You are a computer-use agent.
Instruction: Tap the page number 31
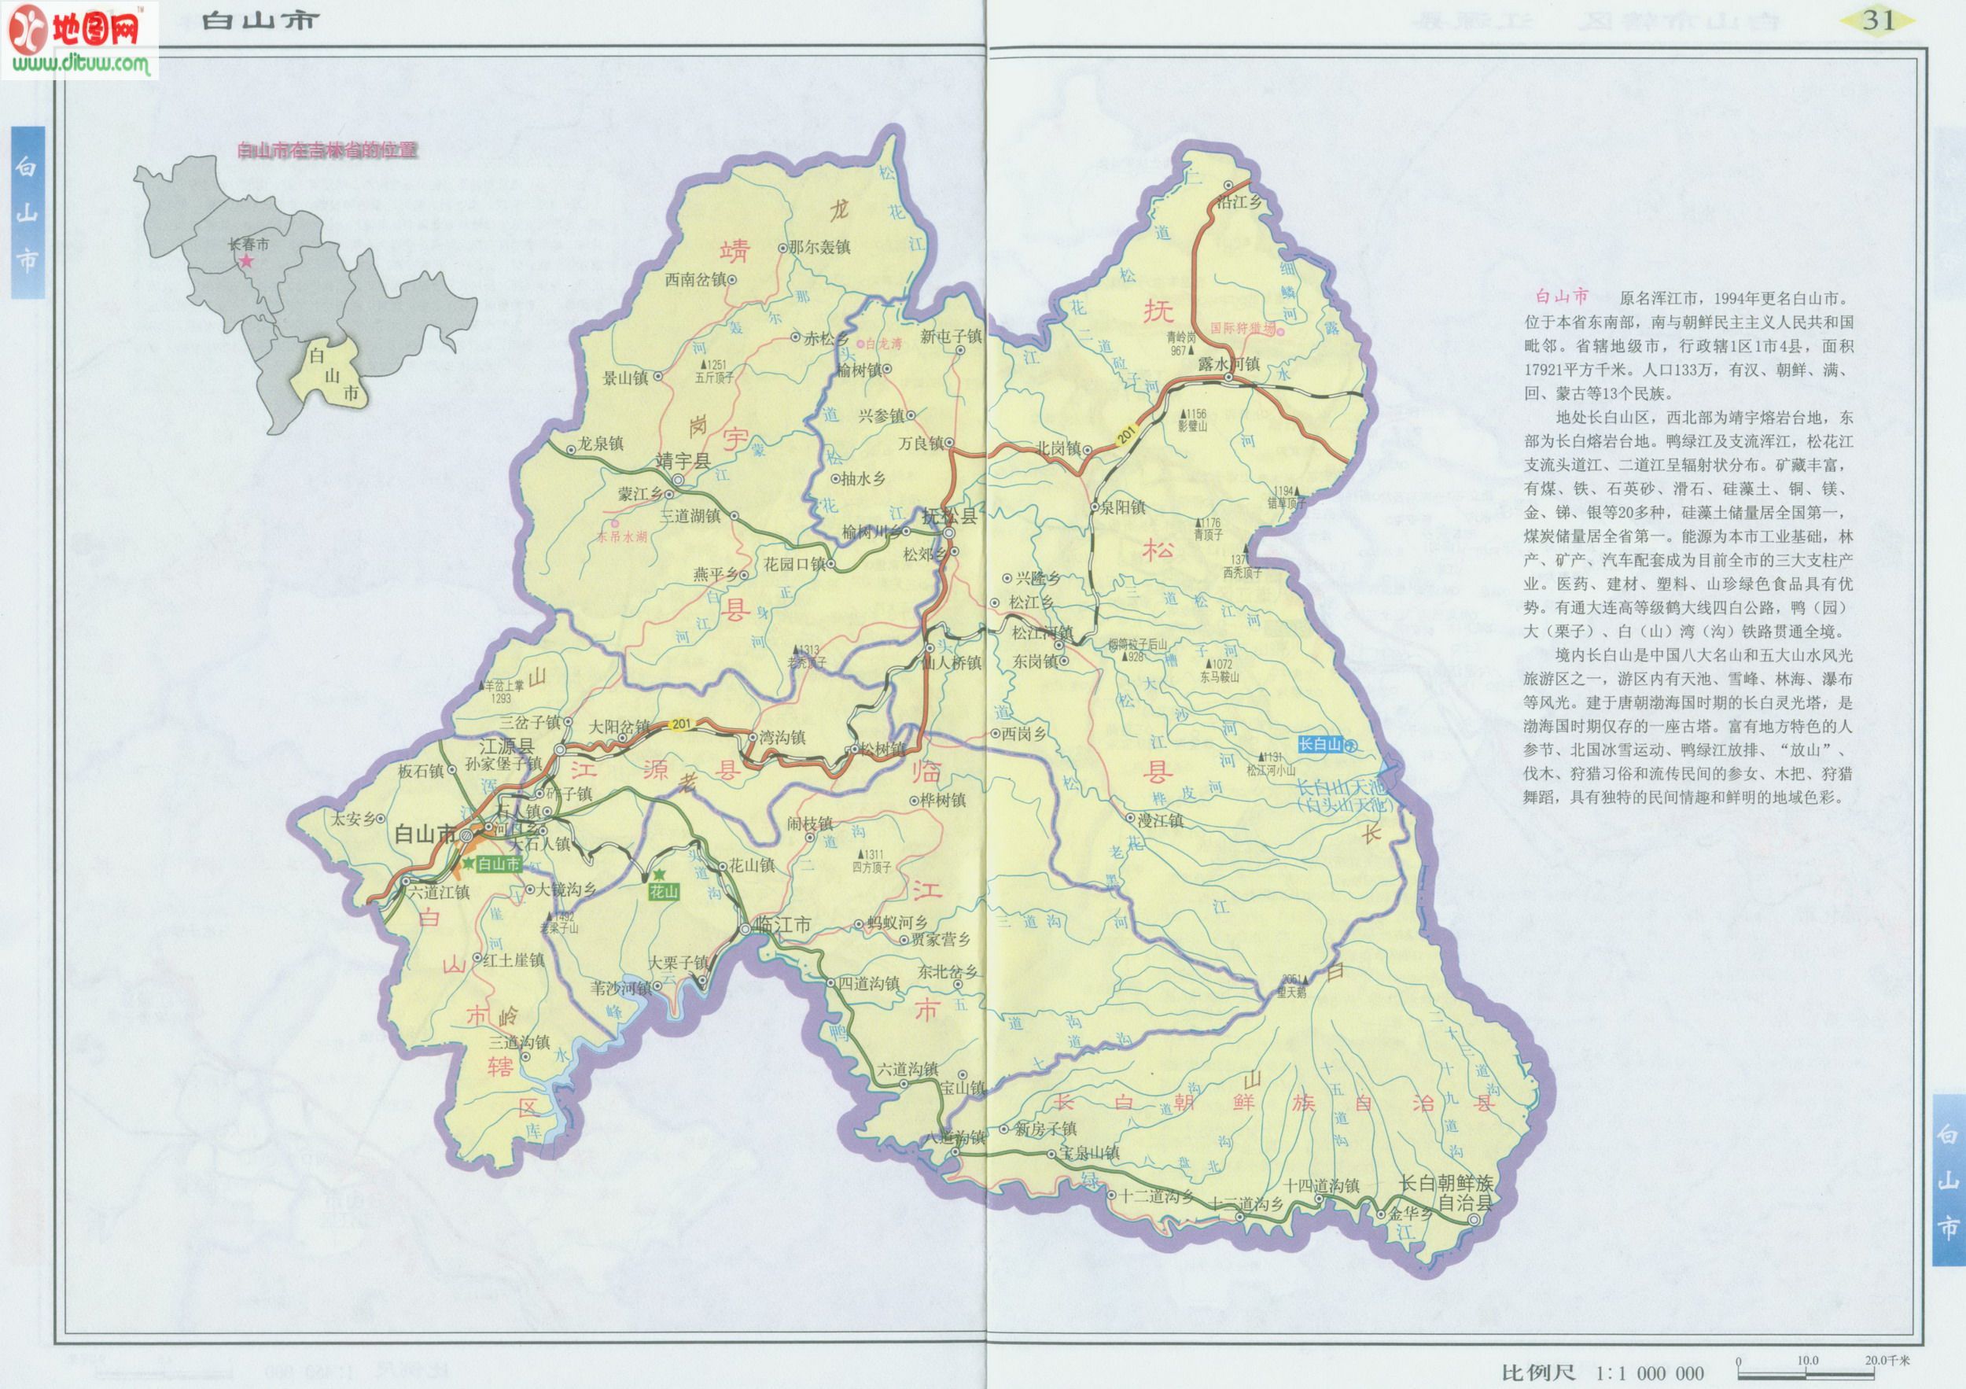[x=1878, y=20]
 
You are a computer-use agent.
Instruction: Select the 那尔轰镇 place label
[x=819, y=248]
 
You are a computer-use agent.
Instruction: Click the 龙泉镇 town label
[x=600, y=444]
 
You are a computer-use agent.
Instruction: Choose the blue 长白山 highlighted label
[x=1320, y=744]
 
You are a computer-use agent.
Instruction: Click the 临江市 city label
[x=782, y=925]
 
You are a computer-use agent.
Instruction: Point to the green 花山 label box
[x=664, y=891]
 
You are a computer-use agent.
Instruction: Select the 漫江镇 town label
[x=1160, y=820]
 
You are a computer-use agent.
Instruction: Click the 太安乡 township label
[x=354, y=819]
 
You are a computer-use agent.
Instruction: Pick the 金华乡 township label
[x=1409, y=1214]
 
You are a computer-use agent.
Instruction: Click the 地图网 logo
[x=81, y=39]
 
